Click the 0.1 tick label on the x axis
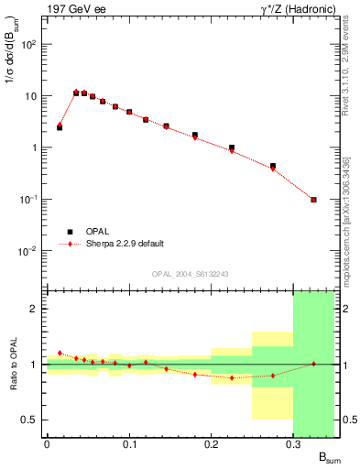tap(128, 444)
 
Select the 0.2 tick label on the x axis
tap(211, 444)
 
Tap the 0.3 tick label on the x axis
tap(292, 444)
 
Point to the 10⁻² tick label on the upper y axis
tap(29, 251)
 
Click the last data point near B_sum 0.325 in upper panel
tap(313, 200)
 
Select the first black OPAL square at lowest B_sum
tap(60, 127)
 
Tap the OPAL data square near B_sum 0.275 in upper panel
tap(273, 167)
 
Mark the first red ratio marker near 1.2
tap(60, 353)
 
